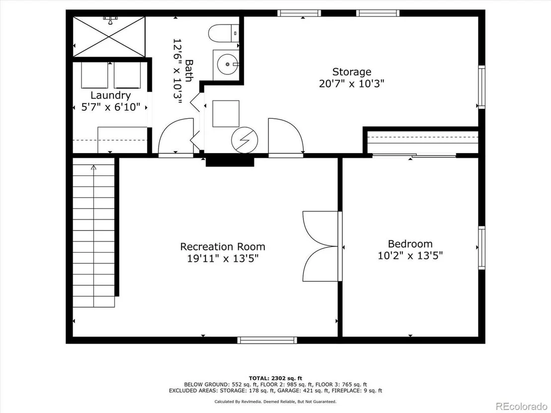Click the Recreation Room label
click(222, 247)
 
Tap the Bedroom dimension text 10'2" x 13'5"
click(410, 255)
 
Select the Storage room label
click(352, 72)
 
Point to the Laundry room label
click(111, 95)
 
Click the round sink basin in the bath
click(227, 65)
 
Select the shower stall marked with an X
click(109, 36)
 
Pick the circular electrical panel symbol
click(244, 140)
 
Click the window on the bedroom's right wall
click(481, 248)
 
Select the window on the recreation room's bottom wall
click(267, 340)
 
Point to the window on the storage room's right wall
click(481, 87)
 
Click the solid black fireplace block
click(230, 162)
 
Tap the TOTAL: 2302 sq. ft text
click(275, 378)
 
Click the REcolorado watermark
click(521, 407)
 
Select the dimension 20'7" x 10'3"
click(352, 83)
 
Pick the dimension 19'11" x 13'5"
click(223, 258)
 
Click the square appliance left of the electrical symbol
click(226, 114)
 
